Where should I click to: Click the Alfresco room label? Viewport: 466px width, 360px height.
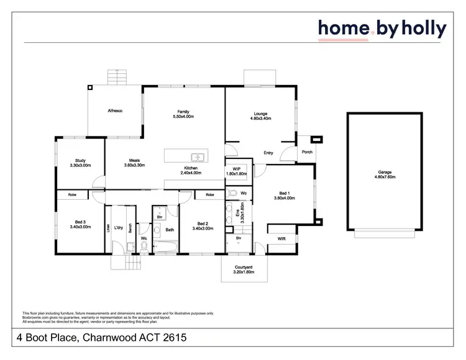click(x=116, y=110)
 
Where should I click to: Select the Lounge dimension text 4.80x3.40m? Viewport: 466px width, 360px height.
click(x=260, y=118)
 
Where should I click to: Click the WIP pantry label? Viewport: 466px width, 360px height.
click(x=237, y=168)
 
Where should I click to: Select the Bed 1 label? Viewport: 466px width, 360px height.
click(x=284, y=194)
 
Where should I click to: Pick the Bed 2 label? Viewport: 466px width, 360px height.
click(x=203, y=223)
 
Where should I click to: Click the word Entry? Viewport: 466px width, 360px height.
click(x=268, y=153)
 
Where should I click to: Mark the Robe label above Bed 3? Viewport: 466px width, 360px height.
click(x=72, y=194)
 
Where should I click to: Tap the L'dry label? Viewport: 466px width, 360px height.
click(x=119, y=228)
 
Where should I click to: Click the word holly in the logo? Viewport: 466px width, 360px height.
click(x=423, y=29)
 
